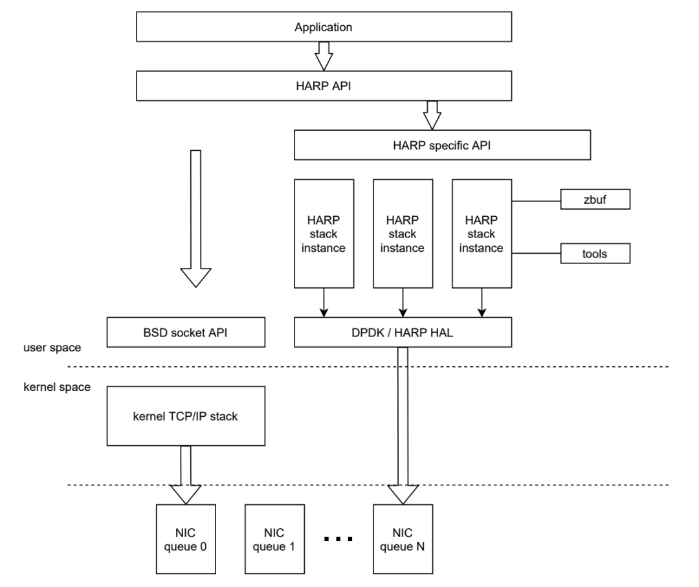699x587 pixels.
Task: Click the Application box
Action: click(x=324, y=27)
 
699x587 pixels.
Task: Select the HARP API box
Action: click(x=324, y=85)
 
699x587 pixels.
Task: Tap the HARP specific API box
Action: click(x=442, y=145)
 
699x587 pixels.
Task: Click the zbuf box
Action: click(x=595, y=199)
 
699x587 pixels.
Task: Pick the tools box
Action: click(x=595, y=254)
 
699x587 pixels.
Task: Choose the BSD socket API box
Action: click(x=186, y=333)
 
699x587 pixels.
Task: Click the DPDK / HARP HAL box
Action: click(x=403, y=333)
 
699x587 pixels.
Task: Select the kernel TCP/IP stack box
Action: click(x=186, y=416)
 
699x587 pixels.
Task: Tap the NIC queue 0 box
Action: click(x=186, y=539)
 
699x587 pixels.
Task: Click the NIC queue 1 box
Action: click(x=274, y=539)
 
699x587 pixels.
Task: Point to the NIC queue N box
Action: click(x=403, y=539)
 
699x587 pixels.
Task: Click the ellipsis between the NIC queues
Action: click(x=338, y=539)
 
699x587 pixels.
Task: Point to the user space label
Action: click(x=52, y=348)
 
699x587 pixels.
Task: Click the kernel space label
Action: click(x=57, y=387)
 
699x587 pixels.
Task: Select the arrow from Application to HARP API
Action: click(x=324, y=56)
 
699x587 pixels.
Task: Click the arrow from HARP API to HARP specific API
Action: click(x=432, y=115)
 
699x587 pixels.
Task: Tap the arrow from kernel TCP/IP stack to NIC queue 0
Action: click(x=186, y=475)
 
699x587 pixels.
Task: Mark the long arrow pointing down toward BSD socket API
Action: click(x=195, y=218)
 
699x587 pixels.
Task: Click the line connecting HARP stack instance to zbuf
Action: click(x=537, y=201)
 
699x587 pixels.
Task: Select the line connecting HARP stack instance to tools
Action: click(x=537, y=253)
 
